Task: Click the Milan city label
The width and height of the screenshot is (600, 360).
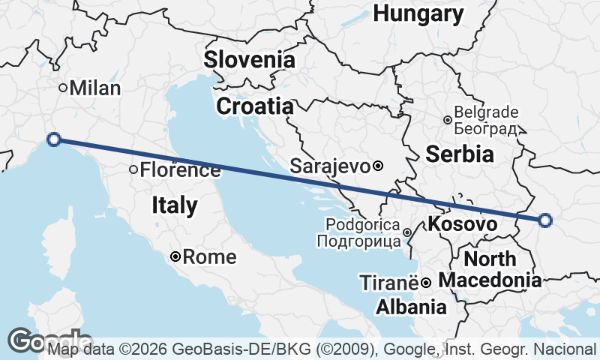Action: click(x=94, y=88)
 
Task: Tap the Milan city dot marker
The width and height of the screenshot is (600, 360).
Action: click(x=64, y=87)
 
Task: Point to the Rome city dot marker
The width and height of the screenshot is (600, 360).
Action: click(x=175, y=256)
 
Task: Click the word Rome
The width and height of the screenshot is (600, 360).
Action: click(x=210, y=257)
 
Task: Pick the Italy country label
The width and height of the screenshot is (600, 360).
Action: click(x=175, y=205)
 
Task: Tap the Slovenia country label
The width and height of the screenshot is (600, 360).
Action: click(x=249, y=59)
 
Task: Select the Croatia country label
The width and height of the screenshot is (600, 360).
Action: click(x=254, y=106)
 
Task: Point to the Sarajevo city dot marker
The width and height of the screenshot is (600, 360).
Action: click(x=378, y=166)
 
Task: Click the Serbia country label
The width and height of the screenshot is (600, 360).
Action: click(x=460, y=154)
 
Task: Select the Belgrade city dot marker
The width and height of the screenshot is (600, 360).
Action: click(x=447, y=120)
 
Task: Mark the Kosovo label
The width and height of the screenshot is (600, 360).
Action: click(x=462, y=223)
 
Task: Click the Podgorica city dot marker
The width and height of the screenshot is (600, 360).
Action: click(x=407, y=232)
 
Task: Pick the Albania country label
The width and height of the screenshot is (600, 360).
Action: click(x=411, y=307)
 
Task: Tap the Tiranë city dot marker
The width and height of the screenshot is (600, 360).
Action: click(x=425, y=283)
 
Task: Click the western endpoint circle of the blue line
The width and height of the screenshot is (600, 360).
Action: click(x=53, y=139)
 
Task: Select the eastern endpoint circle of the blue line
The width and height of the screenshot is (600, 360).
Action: click(x=545, y=220)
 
